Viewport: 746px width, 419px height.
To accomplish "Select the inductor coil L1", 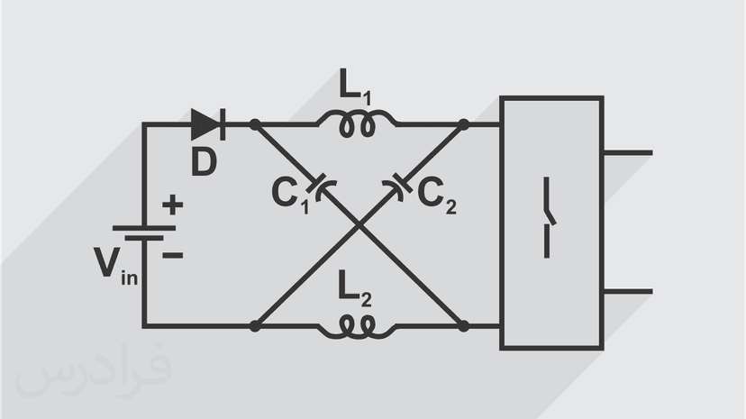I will tap(355, 125).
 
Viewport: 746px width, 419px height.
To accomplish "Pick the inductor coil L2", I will tap(355, 325).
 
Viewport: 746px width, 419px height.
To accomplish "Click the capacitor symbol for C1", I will tap(318, 184).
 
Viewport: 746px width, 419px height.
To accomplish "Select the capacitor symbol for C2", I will tap(400, 185).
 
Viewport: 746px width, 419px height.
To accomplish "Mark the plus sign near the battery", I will tap(172, 205).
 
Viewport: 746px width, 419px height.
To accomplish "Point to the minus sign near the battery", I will tap(172, 255).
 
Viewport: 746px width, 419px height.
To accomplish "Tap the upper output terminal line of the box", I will tap(626, 153).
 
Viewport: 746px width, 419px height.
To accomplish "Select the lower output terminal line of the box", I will tap(626, 291).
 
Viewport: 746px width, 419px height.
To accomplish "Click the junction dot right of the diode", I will tap(255, 124).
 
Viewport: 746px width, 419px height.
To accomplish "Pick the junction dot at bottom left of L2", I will tap(255, 325).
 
